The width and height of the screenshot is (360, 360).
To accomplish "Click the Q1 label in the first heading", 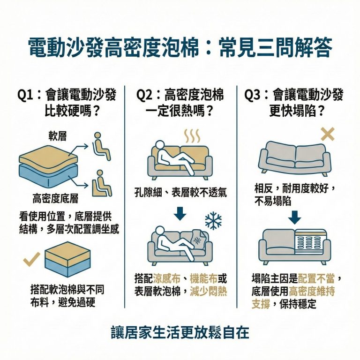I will tap(26, 95).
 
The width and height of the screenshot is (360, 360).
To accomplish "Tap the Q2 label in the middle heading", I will tap(144, 95).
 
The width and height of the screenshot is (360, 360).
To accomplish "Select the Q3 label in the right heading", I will tap(253, 95).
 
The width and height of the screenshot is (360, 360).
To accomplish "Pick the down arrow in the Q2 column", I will tap(180, 214).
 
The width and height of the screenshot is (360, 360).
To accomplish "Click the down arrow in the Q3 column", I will tap(294, 217).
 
